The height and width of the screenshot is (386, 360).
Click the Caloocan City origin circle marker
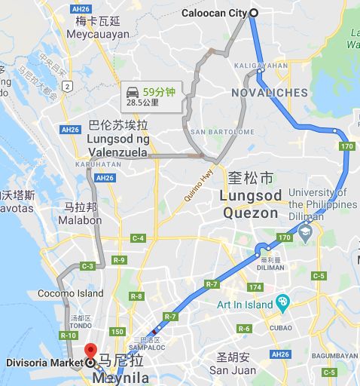coord(253,12)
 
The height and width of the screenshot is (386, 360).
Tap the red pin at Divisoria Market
coord(91,352)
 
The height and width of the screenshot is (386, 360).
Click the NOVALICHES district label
coord(268,93)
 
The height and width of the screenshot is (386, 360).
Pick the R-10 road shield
coord(69,334)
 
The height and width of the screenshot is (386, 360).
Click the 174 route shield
coord(255,287)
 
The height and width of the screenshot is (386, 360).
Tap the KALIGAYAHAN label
coord(261,66)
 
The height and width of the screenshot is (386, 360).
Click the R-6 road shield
coord(244,328)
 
